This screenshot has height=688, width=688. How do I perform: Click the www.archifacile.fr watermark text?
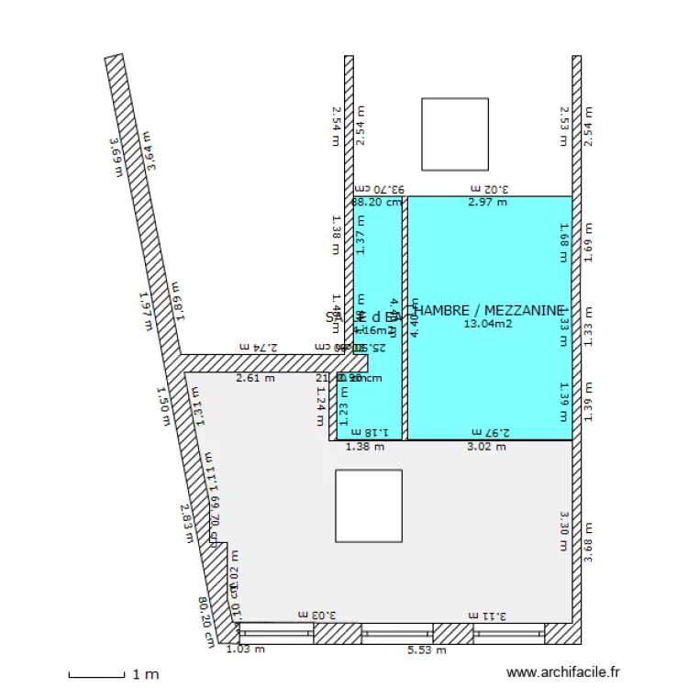click(562, 672)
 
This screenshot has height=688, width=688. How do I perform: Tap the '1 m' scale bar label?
click(145, 674)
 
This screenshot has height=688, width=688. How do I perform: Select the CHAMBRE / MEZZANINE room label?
click(487, 311)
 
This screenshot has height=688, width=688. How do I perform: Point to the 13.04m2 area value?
click(487, 323)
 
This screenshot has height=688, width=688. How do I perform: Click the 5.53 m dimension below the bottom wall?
click(427, 650)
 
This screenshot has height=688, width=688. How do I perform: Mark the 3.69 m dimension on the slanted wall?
click(117, 157)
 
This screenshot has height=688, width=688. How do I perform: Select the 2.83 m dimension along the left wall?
click(186, 523)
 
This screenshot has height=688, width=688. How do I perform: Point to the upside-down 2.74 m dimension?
click(258, 347)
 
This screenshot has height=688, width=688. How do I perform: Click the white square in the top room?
click(454, 134)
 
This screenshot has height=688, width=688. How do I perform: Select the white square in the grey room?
click(368, 507)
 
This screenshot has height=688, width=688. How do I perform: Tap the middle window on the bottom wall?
click(396, 633)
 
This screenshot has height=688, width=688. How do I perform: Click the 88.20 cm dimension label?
click(377, 203)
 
